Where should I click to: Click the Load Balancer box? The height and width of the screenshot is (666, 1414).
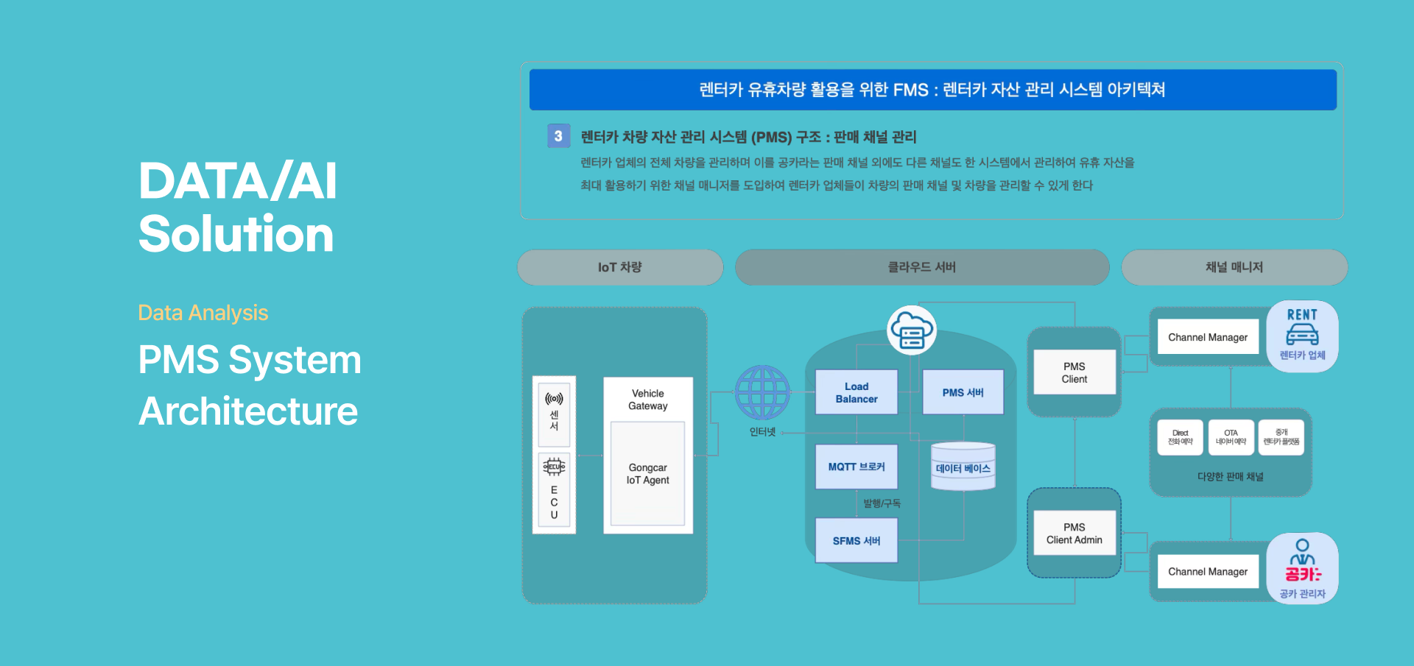(856, 392)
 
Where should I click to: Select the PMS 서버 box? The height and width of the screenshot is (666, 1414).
(963, 392)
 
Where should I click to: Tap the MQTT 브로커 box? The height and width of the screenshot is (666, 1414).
(856, 467)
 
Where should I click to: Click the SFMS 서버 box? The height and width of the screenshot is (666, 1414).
(856, 541)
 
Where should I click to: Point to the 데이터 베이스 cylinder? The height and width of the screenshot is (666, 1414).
(963, 467)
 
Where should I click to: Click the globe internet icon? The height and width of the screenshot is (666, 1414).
(762, 392)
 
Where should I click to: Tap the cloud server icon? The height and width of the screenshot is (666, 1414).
(912, 330)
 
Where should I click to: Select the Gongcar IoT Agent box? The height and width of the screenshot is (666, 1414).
(647, 473)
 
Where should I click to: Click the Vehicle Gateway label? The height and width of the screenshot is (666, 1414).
(647, 400)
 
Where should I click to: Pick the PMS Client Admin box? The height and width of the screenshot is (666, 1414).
(1074, 534)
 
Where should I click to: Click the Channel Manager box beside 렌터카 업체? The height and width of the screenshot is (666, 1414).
(1208, 337)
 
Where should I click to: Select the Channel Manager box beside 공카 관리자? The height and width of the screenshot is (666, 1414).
(1208, 572)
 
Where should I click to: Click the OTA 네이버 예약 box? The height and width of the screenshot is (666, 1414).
(1231, 437)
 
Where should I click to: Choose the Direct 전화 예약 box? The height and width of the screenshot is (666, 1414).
(1180, 437)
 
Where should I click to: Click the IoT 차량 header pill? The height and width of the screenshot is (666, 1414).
(619, 267)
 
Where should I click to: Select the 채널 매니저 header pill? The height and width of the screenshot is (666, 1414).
(1234, 267)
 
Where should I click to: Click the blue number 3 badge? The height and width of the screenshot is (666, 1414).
(558, 136)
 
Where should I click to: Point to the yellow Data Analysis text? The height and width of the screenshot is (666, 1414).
(203, 313)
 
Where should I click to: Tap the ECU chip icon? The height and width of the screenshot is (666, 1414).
(554, 467)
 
